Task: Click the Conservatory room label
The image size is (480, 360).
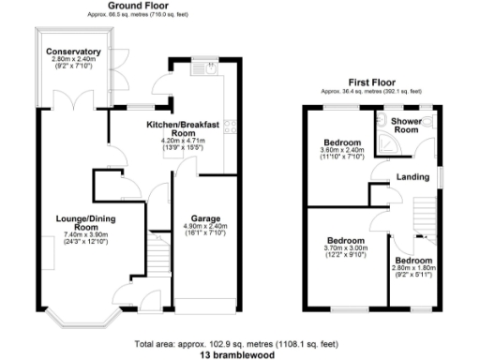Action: [x=76, y=52]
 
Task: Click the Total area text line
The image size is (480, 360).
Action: [x=240, y=342]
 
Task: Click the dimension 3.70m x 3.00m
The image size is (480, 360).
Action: [x=347, y=247]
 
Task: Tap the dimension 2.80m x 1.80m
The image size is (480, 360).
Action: [x=412, y=268]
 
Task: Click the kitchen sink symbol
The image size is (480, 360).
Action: [x=213, y=67]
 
